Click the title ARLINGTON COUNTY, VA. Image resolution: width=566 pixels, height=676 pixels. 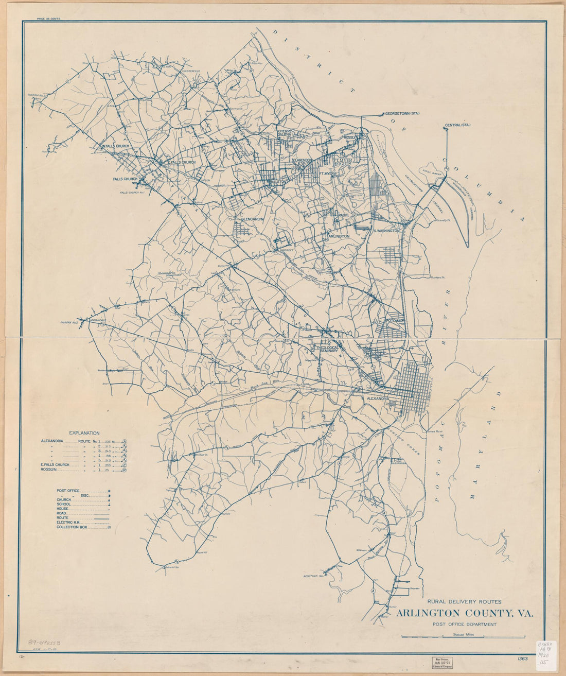[465, 613]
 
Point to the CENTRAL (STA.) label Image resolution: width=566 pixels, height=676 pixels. [458, 125]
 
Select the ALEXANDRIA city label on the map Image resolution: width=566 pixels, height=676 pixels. [380, 398]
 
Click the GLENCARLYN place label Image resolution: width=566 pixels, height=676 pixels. [252, 219]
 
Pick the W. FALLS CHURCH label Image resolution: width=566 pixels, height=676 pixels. [115, 146]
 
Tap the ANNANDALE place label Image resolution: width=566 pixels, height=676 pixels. [98, 320]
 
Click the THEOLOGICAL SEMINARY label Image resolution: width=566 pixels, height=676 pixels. [327, 349]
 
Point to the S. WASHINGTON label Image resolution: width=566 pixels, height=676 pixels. [386, 231]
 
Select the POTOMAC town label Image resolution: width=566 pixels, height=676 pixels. [396, 320]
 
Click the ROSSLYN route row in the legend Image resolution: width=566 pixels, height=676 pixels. [51, 469]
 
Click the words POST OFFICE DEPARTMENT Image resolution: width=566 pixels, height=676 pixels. [465, 625]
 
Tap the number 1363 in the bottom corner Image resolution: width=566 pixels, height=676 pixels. [523, 658]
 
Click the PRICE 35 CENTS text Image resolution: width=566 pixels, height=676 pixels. [49, 19]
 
